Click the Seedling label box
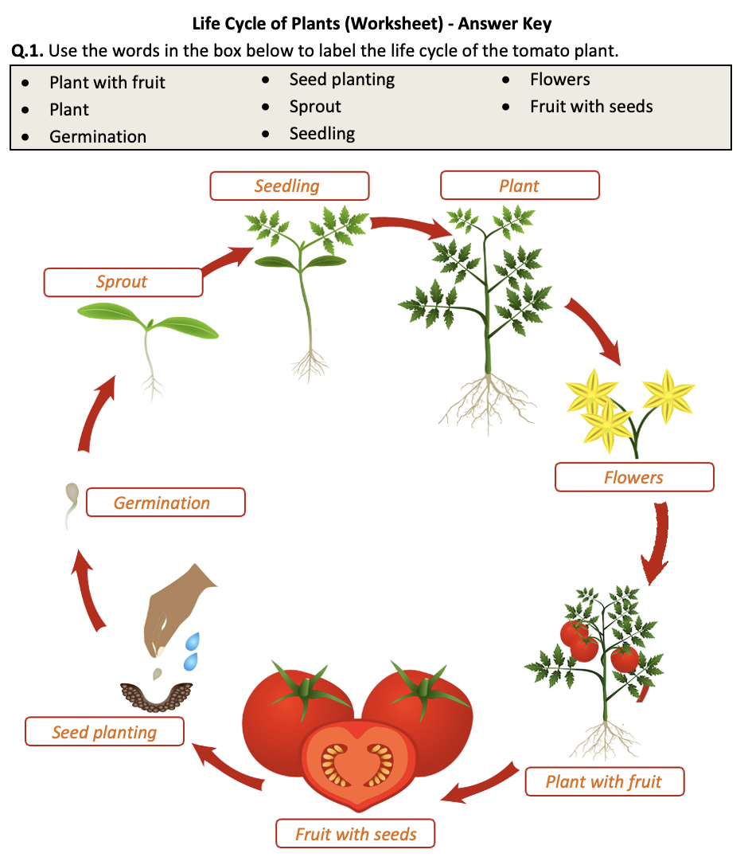pyautogui.click(x=289, y=186)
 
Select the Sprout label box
pyautogui.click(x=123, y=282)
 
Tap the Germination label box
pyautogui.click(x=165, y=503)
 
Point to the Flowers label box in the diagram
pyautogui.click(x=634, y=477)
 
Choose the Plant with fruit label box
pyautogui.click(x=604, y=781)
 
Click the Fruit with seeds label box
pyautogui.click(x=356, y=834)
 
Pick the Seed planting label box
pyautogui.click(x=104, y=732)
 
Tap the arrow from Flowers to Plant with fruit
pyautogui.click(x=657, y=542)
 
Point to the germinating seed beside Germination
pyautogui.click(x=70, y=504)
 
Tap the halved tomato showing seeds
pyautogui.click(x=357, y=763)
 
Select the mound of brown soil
pyautogui.click(x=157, y=694)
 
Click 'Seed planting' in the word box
pyautogui.click(x=342, y=79)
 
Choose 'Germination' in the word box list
pyautogui.click(x=98, y=136)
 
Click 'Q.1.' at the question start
pyautogui.click(x=28, y=51)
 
